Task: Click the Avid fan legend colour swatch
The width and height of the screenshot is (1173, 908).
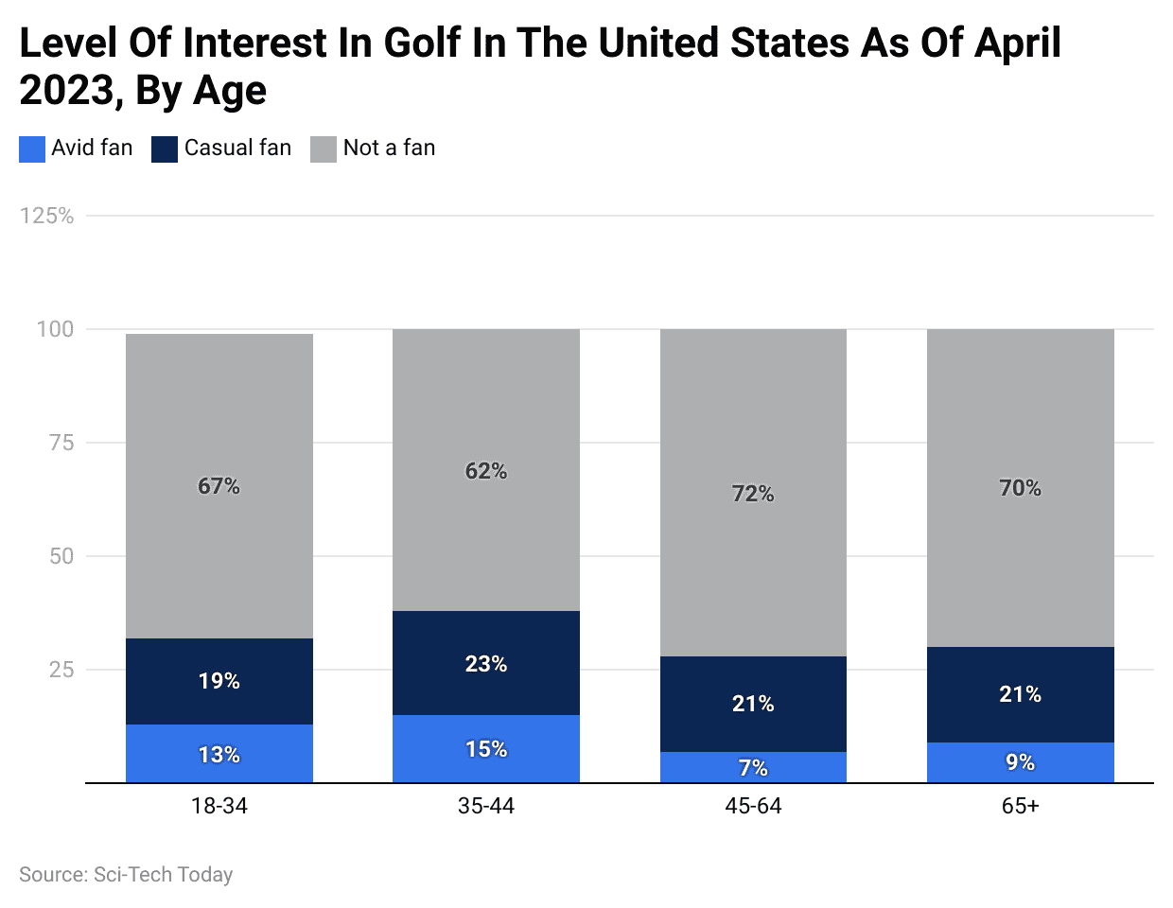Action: pyautogui.click(x=32, y=149)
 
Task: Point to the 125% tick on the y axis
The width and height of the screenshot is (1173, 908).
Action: pyautogui.click(x=47, y=217)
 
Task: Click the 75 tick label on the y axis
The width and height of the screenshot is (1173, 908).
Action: pyautogui.click(x=61, y=443)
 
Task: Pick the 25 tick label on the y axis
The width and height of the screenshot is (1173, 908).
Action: pyautogui.click(x=61, y=670)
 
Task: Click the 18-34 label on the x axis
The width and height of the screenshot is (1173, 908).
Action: pyautogui.click(x=219, y=807)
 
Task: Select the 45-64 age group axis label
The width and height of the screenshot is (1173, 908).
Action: pyautogui.click(x=753, y=807)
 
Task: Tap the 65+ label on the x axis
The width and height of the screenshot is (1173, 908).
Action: pyautogui.click(x=1020, y=807)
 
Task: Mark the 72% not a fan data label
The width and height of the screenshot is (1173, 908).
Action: pyautogui.click(x=753, y=494)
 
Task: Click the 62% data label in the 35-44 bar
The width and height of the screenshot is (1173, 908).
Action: pyautogui.click(x=486, y=471)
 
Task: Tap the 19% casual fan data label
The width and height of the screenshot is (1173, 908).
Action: pyautogui.click(x=219, y=681)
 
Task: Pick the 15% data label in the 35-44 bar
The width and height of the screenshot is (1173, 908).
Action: pyautogui.click(x=486, y=749)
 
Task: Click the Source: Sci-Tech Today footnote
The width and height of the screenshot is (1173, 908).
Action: pyautogui.click(x=126, y=875)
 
